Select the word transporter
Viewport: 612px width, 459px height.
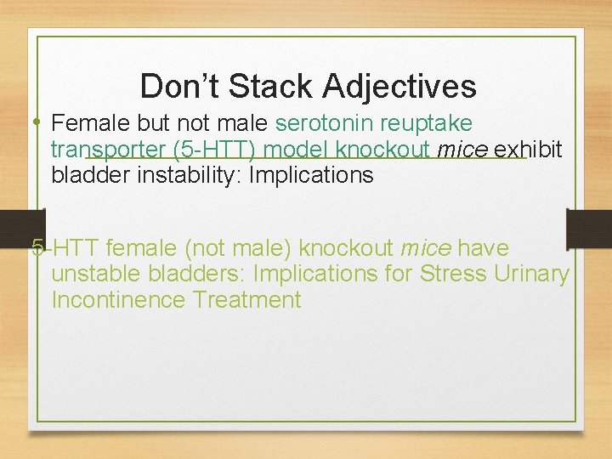click(x=108, y=150)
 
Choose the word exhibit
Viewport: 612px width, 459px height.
click(x=528, y=150)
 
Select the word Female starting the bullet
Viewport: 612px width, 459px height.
click(x=88, y=123)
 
